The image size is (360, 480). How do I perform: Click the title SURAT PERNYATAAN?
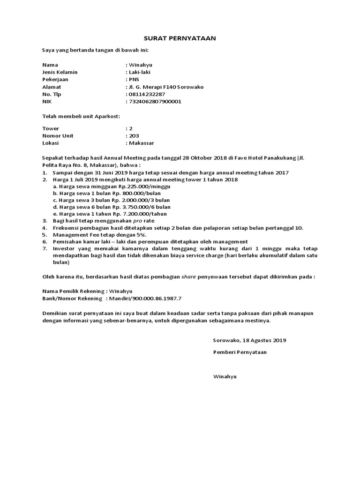coord(180,39)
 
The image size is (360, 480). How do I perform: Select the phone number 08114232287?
coord(146,94)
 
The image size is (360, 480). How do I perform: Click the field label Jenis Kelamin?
coord(60,72)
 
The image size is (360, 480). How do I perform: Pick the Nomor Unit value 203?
coord(133,135)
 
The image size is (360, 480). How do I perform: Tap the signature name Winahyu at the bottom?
coord(225,376)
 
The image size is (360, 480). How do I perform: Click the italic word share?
coord(188,277)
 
